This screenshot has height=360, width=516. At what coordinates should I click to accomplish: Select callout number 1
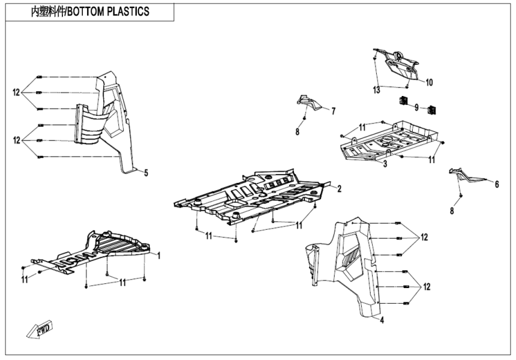pos(159,256)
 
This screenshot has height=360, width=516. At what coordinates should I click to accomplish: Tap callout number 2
pos(339,189)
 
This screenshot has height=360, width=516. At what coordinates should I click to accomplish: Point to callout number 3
pos(385,163)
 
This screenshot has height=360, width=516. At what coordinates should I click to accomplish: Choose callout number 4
pos(382,320)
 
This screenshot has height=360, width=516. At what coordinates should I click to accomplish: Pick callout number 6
pos(496,185)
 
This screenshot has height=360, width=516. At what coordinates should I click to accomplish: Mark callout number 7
pos(333,110)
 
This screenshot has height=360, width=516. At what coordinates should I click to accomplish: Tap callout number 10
pos(429,81)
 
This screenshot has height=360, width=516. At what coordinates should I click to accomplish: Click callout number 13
pos(376,90)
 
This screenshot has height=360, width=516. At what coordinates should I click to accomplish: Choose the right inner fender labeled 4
pos(348,264)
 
